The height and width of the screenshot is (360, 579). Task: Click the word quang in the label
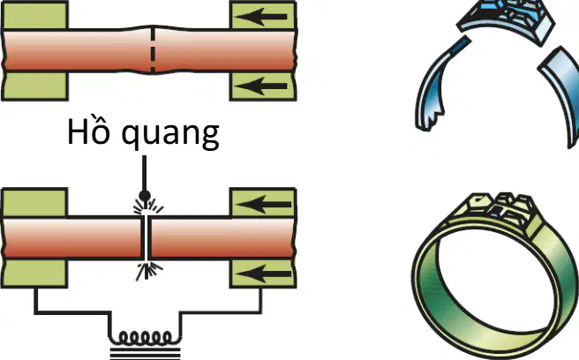pyautogui.click(x=170, y=135)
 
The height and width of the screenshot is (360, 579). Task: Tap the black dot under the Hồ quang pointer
pyautogui.click(x=145, y=195)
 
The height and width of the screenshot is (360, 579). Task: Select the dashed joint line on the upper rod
pyautogui.click(x=153, y=49)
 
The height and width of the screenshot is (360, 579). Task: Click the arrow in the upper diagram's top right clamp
pyautogui.click(x=260, y=17)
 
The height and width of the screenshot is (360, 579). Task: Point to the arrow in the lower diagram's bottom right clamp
pyautogui.click(x=263, y=274)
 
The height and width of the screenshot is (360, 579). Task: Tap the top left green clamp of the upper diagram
pyautogui.click(x=34, y=15)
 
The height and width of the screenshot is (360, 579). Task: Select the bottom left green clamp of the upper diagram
pyautogui.click(x=34, y=86)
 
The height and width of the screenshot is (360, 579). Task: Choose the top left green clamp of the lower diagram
pyautogui.click(x=34, y=203)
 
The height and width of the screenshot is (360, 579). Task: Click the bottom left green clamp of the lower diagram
pyautogui.click(x=34, y=273)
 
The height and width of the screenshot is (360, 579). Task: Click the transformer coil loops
pyautogui.click(x=145, y=337)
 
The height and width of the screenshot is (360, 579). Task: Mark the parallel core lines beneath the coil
pyautogui.click(x=145, y=353)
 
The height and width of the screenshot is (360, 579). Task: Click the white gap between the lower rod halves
pyautogui.click(x=147, y=238)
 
